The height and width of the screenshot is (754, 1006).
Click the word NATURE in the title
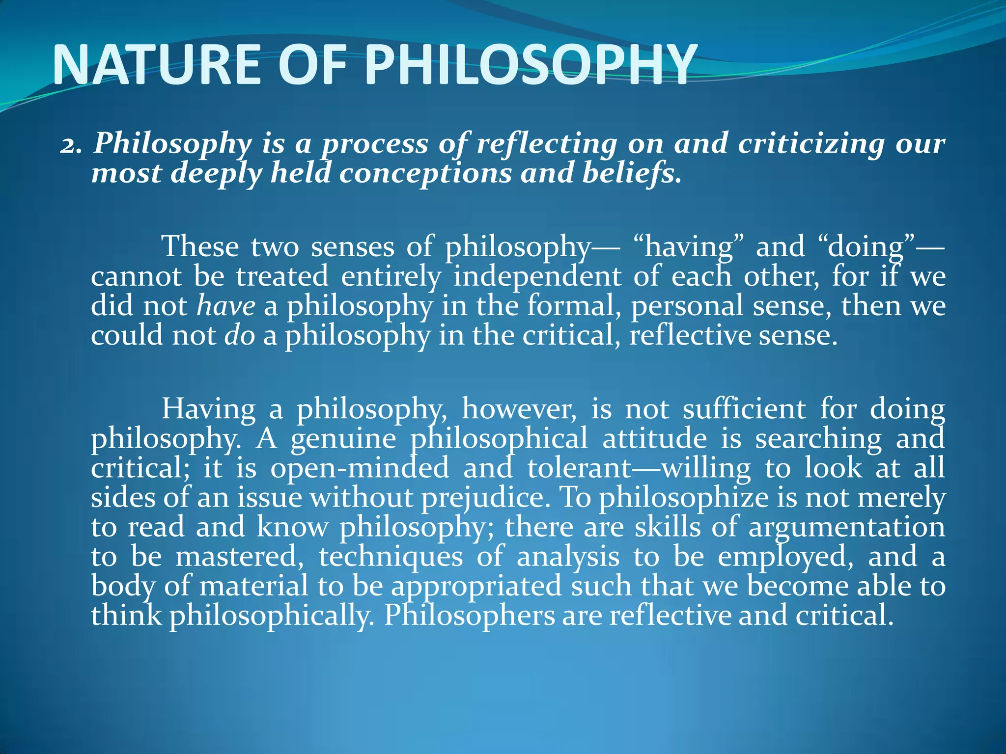(156, 65)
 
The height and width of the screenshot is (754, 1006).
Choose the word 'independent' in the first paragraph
(537, 276)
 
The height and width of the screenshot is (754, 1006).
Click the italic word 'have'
(226, 306)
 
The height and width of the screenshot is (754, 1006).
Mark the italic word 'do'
(240, 336)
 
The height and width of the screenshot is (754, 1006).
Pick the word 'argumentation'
(847, 527)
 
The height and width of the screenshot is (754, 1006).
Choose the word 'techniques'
(391, 557)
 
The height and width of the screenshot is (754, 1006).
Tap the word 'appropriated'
(476, 587)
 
